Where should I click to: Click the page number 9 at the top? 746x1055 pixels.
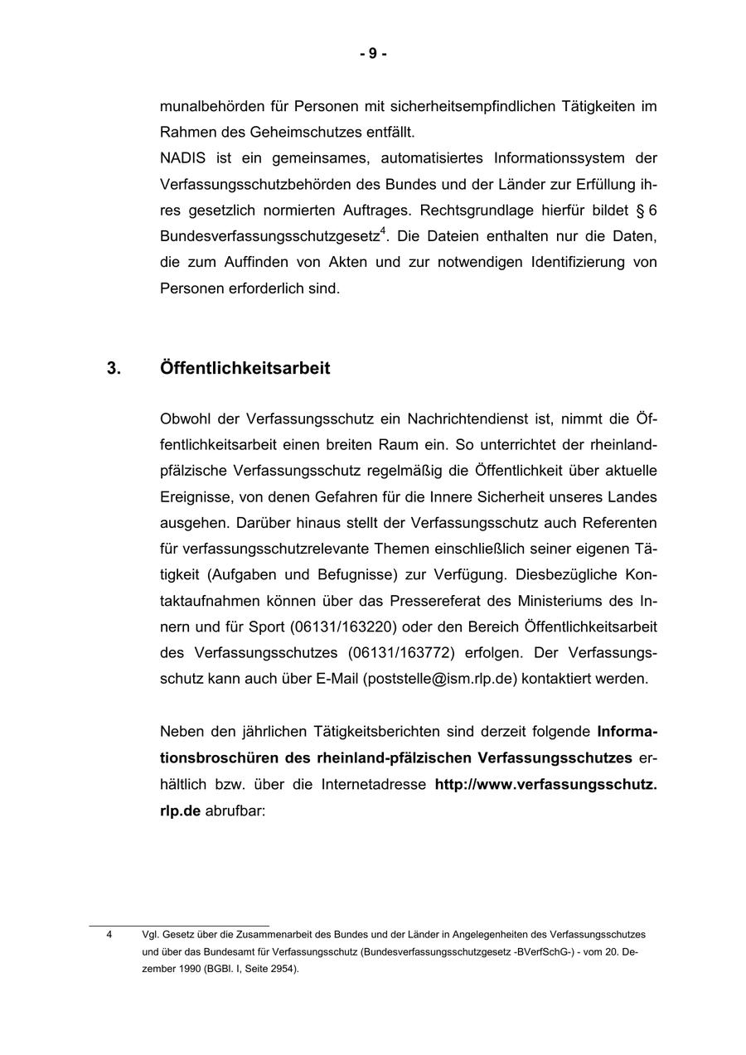point(373,54)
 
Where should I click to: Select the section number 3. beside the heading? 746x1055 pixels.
point(114,369)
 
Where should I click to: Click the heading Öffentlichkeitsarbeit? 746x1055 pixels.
point(245,369)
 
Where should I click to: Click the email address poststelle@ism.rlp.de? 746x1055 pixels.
point(440,679)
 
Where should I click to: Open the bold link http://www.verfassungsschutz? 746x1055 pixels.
point(545,784)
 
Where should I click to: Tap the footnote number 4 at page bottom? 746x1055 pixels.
point(109,934)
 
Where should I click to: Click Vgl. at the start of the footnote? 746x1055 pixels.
point(150,934)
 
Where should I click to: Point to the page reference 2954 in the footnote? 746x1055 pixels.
point(280,969)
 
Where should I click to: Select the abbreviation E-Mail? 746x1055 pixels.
point(337,679)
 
